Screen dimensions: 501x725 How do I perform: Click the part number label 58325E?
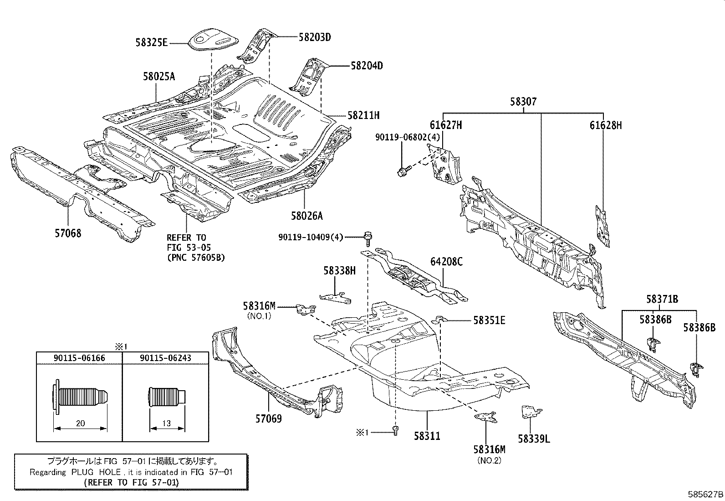[x=152, y=43]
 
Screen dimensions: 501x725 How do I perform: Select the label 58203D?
[x=315, y=37]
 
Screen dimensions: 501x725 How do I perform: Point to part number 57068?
[x=68, y=233]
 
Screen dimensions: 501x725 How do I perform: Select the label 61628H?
[x=605, y=125]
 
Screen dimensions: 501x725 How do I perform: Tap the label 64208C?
[x=446, y=262]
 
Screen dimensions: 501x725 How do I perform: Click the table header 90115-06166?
[x=80, y=358]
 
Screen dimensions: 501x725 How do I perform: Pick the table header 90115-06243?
[x=166, y=358]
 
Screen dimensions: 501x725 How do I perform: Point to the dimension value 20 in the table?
[x=80, y=424]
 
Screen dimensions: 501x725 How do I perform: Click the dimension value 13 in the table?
[x=167, y=424]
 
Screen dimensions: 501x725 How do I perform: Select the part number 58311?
[x=427, y=436]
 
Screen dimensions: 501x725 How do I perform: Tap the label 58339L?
[x=534, y=439]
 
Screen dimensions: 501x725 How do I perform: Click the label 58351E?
[x=489, y=320]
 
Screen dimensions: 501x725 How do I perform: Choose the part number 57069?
[x=268, y=418]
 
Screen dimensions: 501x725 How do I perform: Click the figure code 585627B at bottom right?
[x=705, y=494]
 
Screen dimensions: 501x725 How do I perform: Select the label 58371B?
[x=662, y=300]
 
